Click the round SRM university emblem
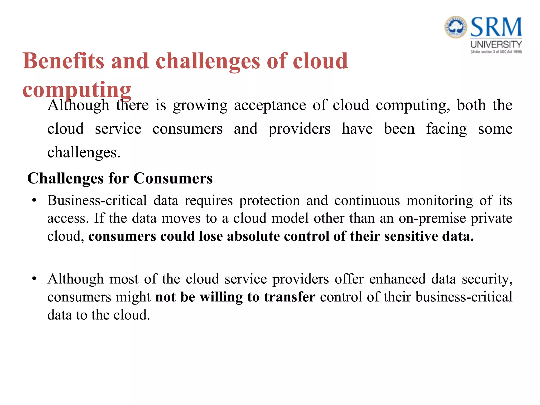(x=456, y=27)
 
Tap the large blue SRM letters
(x=496, y=27)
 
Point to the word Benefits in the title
(x=63, y=61)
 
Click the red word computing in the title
(x=77, y=90)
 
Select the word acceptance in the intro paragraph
(x=270, y=105)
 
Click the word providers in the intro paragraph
(x=299, y=129)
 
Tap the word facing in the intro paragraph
(x=446, y=129)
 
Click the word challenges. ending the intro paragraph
(x=84, y=152)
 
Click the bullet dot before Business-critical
(x=34, y=201)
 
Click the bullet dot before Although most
(x=34, y=279)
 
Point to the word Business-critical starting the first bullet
(x=97, y=201)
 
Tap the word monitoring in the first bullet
(x=440, y=201)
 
